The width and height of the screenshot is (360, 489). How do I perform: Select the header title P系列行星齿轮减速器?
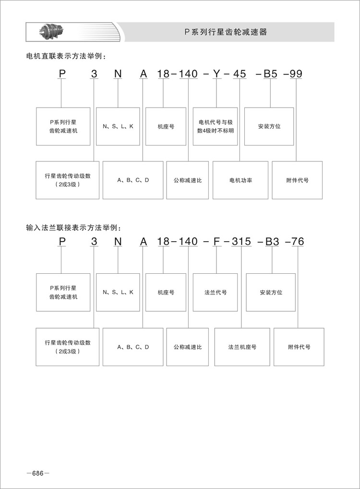[x=226, y=32]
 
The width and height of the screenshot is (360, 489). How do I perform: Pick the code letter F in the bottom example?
[x=217, y=242]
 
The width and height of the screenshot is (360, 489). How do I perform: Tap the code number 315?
[x=241, y=242]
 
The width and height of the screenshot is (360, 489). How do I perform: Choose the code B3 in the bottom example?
[x=272, y=242]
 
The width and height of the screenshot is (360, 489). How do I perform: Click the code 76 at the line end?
[x=298, y=242]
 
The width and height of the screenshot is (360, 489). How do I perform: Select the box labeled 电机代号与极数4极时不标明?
[x=216, y=126]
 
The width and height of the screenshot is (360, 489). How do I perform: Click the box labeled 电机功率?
[x=240, y=180]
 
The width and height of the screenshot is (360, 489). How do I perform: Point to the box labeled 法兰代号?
[x=215, y=292]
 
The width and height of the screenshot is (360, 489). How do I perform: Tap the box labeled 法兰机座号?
[x=242, y=347]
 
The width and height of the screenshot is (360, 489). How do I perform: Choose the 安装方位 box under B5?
[x=269, y=126]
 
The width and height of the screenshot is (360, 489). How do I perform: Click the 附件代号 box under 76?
[x=299, y=347]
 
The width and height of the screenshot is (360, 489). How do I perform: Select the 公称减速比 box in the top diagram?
[x=187, y=180]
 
